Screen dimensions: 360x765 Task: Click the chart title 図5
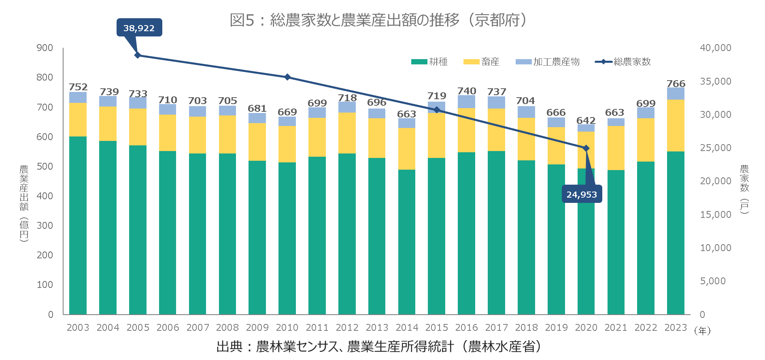(x=378, y=20)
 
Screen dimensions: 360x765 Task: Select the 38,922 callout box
(x=139, y=28)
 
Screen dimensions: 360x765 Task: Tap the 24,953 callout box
(x=582, y=194)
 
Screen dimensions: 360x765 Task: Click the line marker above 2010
(x=287, y=77)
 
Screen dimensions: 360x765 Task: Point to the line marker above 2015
(x=437, y=110)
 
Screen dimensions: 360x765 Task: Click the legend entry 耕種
(x=430, y=62)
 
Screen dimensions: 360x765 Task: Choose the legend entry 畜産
(x=482, y=62)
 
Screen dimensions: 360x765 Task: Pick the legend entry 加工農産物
(x=548, y=62)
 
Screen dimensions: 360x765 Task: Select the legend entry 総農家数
(x=623, y=62)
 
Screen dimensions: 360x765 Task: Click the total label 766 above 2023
(x=676, y=84)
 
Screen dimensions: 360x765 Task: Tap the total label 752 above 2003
(x=78, y=87)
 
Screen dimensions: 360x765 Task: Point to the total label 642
(x=586, y=121)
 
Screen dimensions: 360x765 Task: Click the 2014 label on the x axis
(x=407, y=328)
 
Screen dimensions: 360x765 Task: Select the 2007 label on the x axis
(x=198, y=328)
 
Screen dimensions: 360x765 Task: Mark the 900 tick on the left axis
(x=45, y=48)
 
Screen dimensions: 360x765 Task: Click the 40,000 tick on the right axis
(x=715, y=48)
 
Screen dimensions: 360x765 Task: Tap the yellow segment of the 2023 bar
(x=676, y=126)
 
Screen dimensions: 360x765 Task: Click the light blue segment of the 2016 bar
(x=466, y=102)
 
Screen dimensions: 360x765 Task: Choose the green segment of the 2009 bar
(x=257, y=237)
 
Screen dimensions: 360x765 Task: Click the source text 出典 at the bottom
(x=378, y=347)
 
